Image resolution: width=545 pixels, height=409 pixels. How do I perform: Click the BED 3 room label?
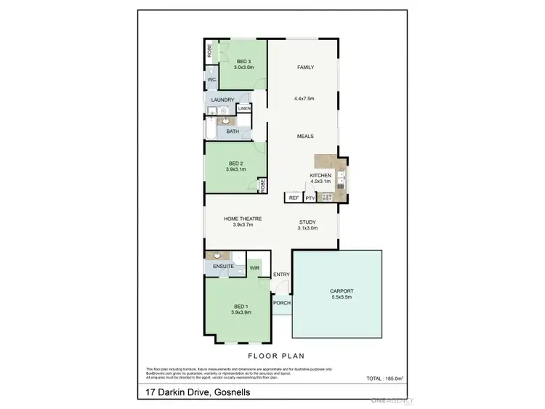[243, 62]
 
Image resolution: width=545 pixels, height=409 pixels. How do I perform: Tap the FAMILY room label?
[304, 67]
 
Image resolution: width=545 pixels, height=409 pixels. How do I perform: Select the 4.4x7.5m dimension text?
[304, 98]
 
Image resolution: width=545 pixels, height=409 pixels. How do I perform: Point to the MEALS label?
[304, 136]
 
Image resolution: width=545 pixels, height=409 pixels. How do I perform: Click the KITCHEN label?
[320, 176]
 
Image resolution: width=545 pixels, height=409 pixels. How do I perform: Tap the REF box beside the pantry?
[294, 198]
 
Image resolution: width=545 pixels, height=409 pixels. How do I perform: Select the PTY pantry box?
[310, 198]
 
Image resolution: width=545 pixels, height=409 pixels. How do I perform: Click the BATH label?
[233, 131]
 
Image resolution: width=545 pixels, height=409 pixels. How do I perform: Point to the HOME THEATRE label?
[242, 219]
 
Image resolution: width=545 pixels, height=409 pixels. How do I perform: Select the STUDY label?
[307, 222]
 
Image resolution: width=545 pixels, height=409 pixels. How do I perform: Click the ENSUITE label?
[223, 267]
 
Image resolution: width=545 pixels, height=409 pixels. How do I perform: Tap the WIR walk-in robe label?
[254, 268]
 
